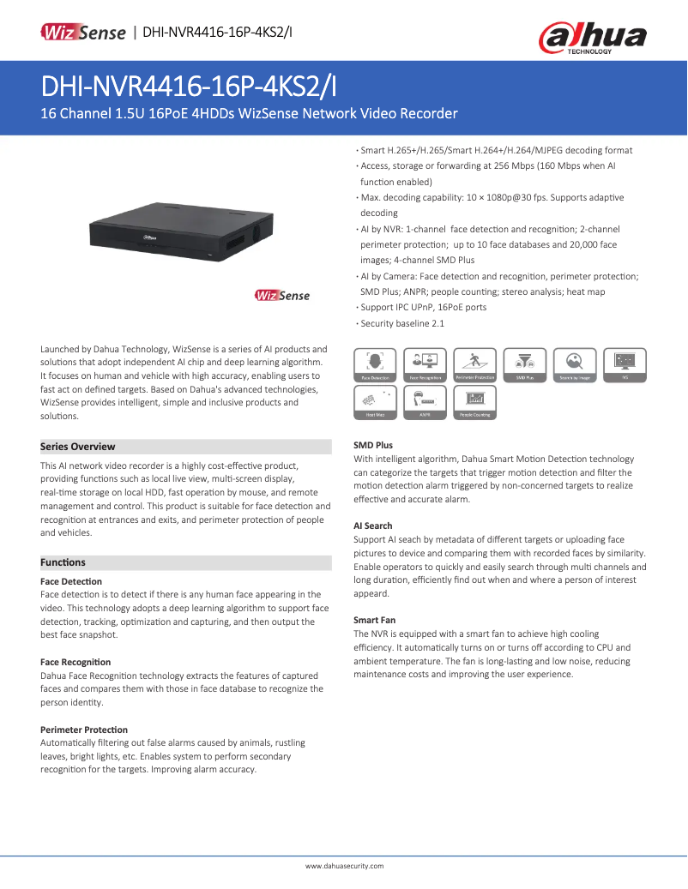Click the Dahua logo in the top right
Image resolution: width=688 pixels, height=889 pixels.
pos(592,38)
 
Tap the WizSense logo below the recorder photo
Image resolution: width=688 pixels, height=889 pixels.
pos(282,296)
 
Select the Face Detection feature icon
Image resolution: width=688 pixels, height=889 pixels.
pos(375,365)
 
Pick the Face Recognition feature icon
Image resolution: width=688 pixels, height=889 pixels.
pos(425,365)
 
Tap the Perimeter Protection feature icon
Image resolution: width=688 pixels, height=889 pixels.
pos(474,365)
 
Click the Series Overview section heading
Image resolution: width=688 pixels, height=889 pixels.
pos(78,447)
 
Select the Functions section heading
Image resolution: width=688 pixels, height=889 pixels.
pos(63,562)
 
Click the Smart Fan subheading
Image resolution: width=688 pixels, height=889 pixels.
pos(374,620)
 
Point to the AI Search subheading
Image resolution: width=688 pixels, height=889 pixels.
pos(373,526)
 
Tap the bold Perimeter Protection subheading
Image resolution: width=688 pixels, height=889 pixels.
pos(84,730)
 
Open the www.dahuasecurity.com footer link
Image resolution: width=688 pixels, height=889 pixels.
pos(344,866)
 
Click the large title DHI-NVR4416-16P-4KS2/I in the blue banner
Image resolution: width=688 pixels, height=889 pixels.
pos(189,87)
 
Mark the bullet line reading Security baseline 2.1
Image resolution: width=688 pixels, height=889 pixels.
pos(401,323)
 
